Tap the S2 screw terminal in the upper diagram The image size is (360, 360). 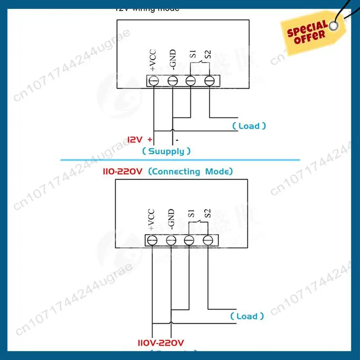[209, 81]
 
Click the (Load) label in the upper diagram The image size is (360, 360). [249, 126]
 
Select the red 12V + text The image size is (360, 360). [139, 139]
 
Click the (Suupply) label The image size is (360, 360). [166, 151]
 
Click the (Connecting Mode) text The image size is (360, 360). [190, 171]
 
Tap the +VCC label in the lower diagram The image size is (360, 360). [151, 220]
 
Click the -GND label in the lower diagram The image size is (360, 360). [171, 220]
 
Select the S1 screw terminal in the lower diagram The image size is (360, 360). [189, 240]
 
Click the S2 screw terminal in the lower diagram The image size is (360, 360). [207, 240]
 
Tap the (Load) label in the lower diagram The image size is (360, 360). [247, 316]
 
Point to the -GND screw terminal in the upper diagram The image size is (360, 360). [172, 81]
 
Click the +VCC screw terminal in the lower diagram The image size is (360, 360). [152, 240]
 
